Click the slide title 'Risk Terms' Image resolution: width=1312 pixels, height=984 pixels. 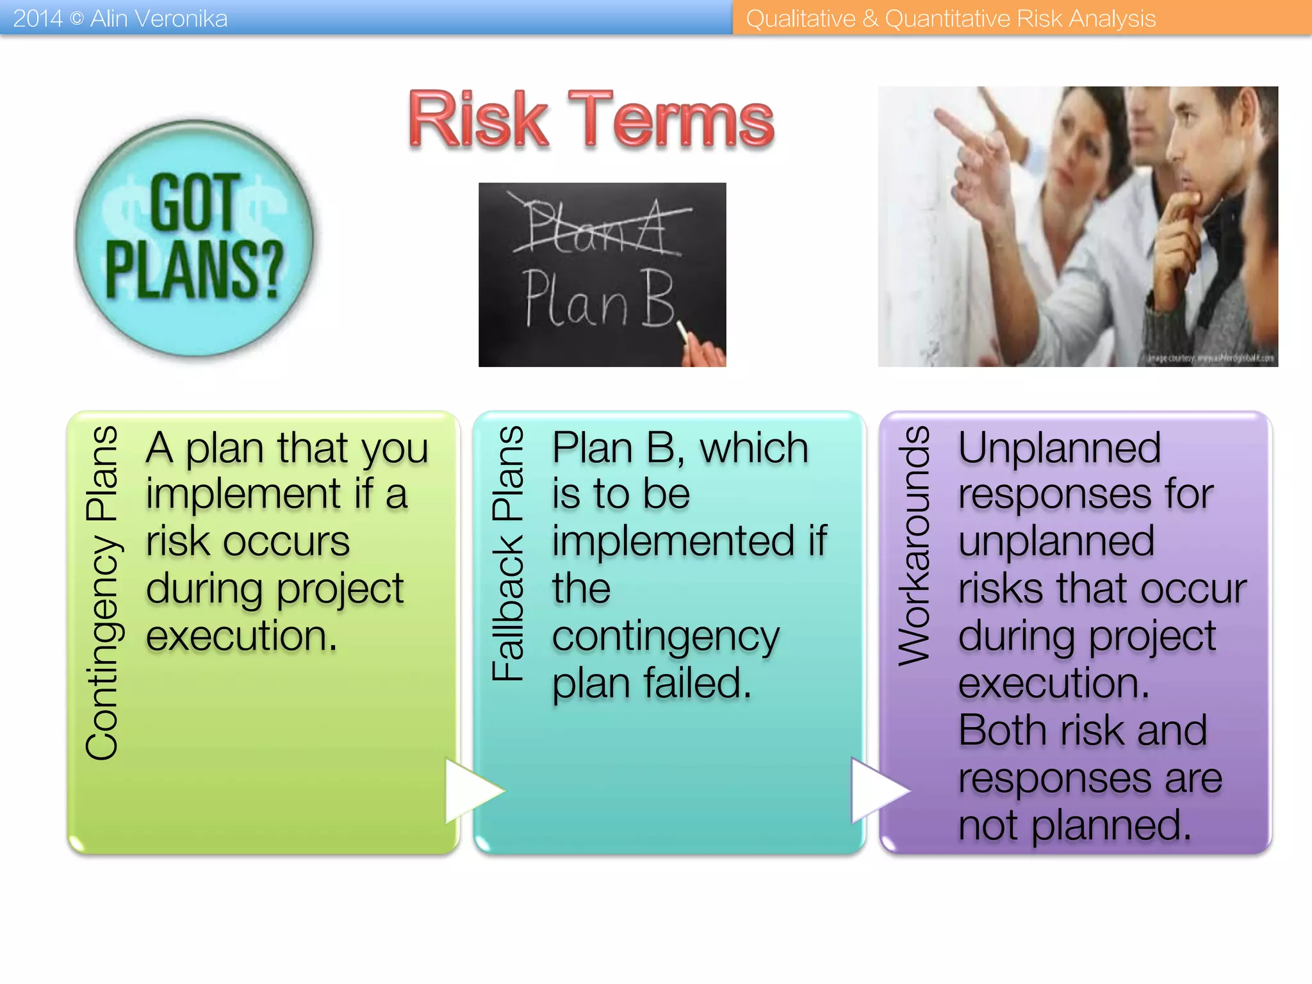591,120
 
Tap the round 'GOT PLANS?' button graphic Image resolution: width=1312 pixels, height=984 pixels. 194,238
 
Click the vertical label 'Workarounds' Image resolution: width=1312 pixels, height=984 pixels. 914,546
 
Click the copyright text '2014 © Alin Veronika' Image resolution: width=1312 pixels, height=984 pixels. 120,19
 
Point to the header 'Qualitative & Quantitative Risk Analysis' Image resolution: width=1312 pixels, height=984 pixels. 951,19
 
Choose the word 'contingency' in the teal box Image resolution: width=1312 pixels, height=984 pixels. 666,637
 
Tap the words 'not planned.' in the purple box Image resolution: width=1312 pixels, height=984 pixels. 1075,825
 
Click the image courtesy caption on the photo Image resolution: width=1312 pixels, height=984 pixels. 1211,358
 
